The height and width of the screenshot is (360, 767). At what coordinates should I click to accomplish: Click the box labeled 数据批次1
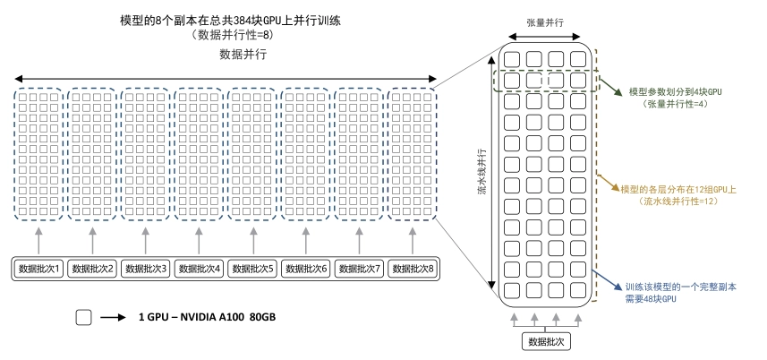click(39, 268)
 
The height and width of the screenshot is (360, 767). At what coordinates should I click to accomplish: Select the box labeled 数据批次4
click(200, 268)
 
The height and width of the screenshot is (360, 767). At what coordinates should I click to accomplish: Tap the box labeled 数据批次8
click(413, 268)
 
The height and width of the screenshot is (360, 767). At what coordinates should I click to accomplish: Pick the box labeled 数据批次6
click(306, 268)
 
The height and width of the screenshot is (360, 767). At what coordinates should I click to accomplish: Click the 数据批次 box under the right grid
click(546, 341)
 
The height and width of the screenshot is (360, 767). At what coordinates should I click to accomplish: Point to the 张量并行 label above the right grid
click(545, 22)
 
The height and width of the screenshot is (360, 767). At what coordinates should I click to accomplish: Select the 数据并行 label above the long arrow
click(242, 55)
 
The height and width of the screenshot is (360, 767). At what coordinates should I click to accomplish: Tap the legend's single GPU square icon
click(83, 317)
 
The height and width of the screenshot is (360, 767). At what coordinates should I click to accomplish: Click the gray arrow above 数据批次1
click(39, 239)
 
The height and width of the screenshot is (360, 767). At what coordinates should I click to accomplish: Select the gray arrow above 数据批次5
click(252, 239)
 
